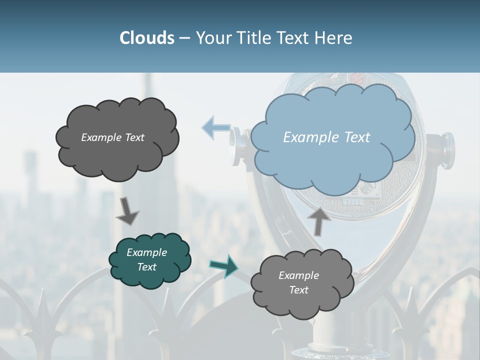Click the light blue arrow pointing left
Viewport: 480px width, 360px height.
(x=215, y=127)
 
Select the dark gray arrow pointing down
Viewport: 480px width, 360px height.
(x=127, y=210)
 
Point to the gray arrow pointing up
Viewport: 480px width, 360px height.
(x=319, y=220)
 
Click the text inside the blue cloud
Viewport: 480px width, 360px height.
(x=326, y=137)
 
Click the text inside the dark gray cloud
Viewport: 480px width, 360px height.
(x=112, y=137)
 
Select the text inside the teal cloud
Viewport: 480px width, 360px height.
(x=146, y=259)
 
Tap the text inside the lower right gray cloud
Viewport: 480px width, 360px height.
(x=298, y=282)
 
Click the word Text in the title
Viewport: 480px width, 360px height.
(x=295, y=38)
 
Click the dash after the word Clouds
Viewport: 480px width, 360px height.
(x=184, y=38)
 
